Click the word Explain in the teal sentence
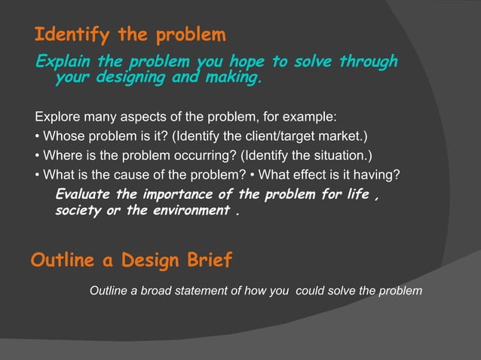click(61, 62)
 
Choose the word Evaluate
click(83, 195)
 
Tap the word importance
click(172, 195)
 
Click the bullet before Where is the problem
click(38, 156)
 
